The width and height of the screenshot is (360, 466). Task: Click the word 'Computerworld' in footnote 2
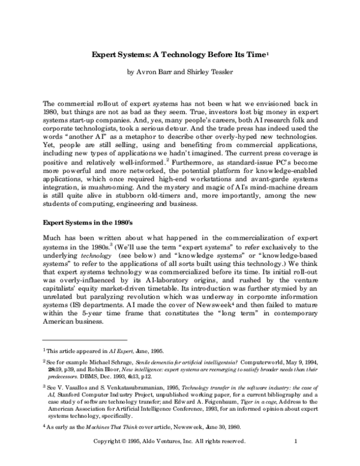pos(263,363)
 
